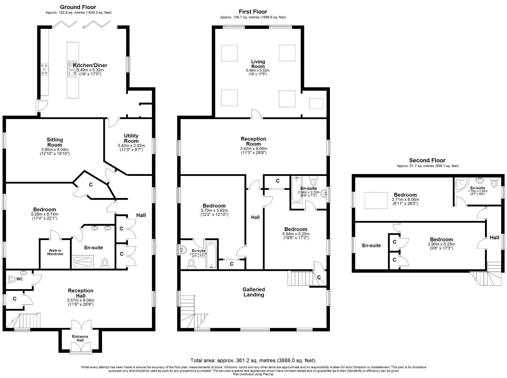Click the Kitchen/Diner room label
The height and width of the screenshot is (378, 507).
pos(90,65)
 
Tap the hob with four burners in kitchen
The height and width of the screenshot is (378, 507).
pos(44,69)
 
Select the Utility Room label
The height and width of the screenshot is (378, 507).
pos(131,138)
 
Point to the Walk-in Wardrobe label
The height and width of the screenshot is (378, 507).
pos(55,252)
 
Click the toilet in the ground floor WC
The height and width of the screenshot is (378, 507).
pos(12,279)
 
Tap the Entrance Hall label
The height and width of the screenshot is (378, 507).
pos(80,338)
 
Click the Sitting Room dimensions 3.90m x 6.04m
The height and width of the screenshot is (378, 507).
pos(55,150)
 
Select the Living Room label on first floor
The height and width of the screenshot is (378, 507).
pos(258,64)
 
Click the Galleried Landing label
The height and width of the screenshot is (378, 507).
pos(254,292)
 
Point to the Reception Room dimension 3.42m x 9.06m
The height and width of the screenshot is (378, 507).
pos(253,149)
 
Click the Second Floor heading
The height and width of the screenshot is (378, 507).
pos(427,160)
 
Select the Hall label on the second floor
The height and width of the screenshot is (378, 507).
pos(494,237)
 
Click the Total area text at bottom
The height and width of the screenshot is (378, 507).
pos(253,360)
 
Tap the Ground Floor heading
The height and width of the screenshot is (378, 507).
pos(78,7)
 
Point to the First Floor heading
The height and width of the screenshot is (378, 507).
pos(253,12)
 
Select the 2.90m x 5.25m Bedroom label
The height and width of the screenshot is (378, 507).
pos(441,239)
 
